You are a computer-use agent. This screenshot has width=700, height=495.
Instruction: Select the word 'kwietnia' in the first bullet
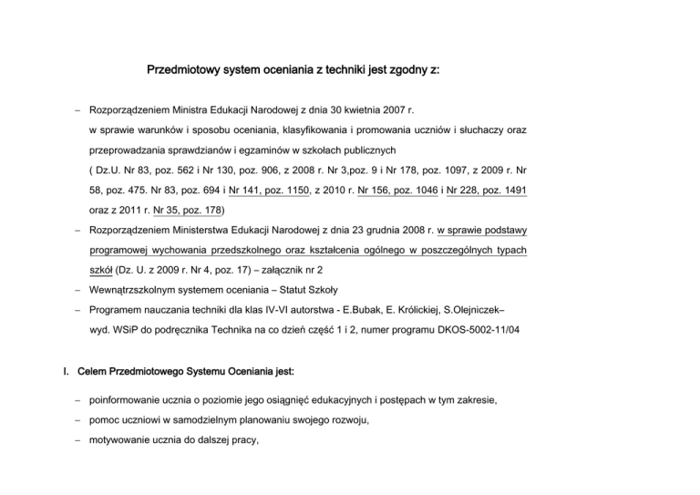pyautogui.click(x=376, y=110)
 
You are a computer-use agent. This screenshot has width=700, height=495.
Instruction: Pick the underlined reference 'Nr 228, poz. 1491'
pyautogui.click(x=488, y=193)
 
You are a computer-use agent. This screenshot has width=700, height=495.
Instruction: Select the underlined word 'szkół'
pyautogui.click(x=101, y=270)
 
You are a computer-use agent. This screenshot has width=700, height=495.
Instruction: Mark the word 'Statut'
pyautogui.click(x=290, y=291)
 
